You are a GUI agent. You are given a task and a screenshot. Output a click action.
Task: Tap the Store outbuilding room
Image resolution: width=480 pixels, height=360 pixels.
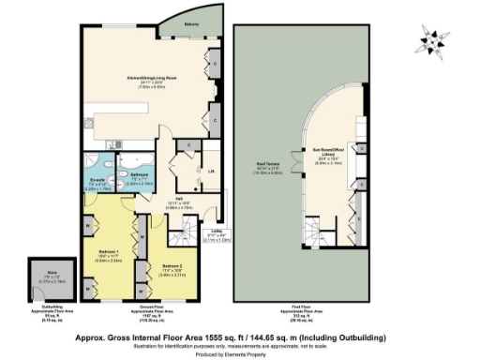coord(38,278)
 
